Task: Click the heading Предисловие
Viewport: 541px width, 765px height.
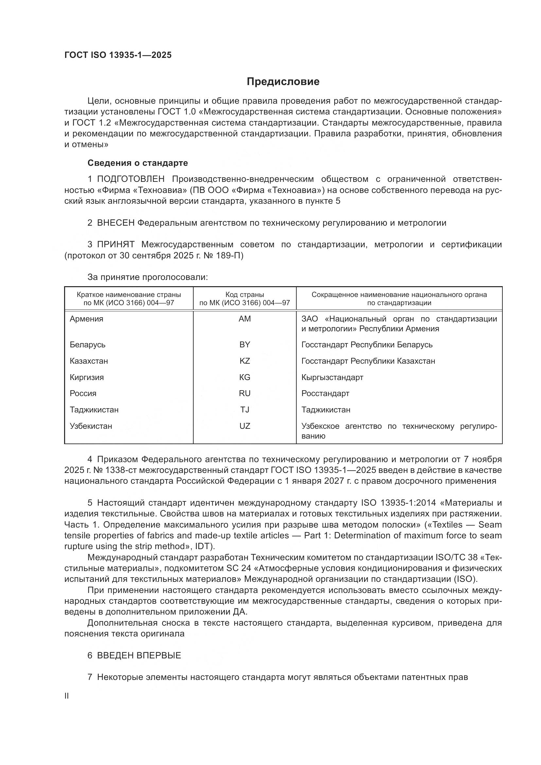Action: point(283,82)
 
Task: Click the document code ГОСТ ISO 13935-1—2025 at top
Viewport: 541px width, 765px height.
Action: point(118,55)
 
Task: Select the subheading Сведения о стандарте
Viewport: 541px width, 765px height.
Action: point(138,163)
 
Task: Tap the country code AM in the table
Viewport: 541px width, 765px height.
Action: point(245,319)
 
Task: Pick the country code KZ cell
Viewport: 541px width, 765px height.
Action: point(245,361)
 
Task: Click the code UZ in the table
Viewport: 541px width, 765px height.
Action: point(245,426)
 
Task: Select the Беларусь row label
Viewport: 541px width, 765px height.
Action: point(88,345)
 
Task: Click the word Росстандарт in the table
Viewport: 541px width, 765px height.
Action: point(325,393)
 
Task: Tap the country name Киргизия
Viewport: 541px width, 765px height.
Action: point(87,377)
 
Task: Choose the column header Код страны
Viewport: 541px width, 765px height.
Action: point(245,295)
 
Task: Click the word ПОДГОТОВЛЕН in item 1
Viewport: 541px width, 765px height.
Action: point(131,179)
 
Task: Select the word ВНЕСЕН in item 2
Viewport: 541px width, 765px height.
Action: point(115,223)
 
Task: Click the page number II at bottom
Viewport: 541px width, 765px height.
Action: point(67,696)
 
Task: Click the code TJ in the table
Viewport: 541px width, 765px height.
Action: point(245,410)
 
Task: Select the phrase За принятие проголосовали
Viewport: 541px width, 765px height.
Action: point(148,277)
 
